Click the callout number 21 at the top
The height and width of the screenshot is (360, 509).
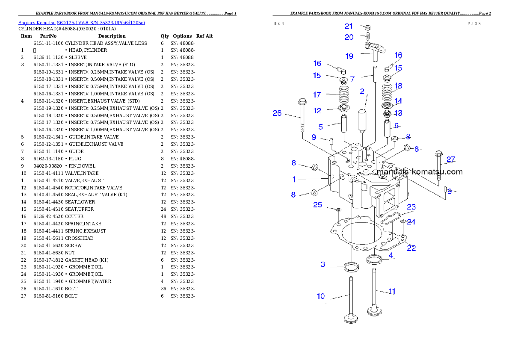coord(349,27)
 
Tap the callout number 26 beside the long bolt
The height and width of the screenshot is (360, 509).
coord(277,113)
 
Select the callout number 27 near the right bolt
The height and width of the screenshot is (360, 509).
coord(451,159)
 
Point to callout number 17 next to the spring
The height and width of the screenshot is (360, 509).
coord(317,94)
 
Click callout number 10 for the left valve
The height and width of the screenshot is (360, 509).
coord(321,296)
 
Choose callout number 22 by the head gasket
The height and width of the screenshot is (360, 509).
coord(411,248)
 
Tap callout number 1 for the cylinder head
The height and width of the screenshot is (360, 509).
coord(294,179)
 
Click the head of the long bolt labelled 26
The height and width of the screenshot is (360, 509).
coord(301,103)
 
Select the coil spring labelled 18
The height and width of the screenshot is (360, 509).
coord(387,91)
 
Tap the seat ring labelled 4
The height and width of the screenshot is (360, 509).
coord(375,259)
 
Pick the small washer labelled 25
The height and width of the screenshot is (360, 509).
coord(338,210)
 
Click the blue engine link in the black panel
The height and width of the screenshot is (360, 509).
coord(81,22)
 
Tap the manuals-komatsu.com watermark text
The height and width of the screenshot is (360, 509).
coord(420,172)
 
